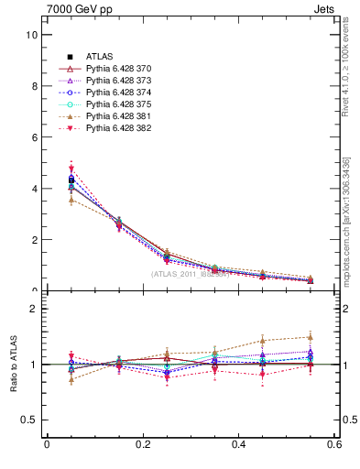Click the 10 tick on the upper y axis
click(x=31, y=35)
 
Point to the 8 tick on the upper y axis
click(x=34, y=86)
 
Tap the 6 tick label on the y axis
click(x=34, y=137)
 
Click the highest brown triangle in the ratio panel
click(x=310, y=337)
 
